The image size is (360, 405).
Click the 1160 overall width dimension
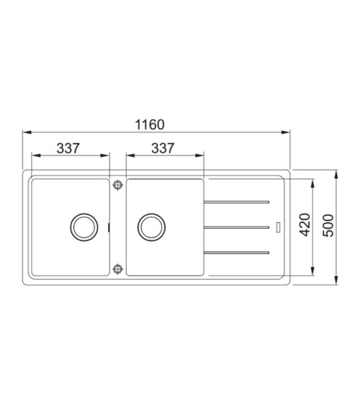click(x=150, y=124)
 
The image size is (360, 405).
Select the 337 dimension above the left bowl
click(x=68, y=148)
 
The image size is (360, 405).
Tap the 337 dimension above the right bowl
click(x=163, y=148)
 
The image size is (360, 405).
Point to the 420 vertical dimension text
click(x=305, y=224)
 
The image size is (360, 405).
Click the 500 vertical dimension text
click(x=328, y=225)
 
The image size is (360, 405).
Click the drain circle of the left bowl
click(x=84, y=227)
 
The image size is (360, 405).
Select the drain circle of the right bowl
click(x=151, y=227)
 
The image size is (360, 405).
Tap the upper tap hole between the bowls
click(x=118, y=185)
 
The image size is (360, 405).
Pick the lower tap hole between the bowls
click(x=118, y=269)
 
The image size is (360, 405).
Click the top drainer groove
click(x=236, y=202)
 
